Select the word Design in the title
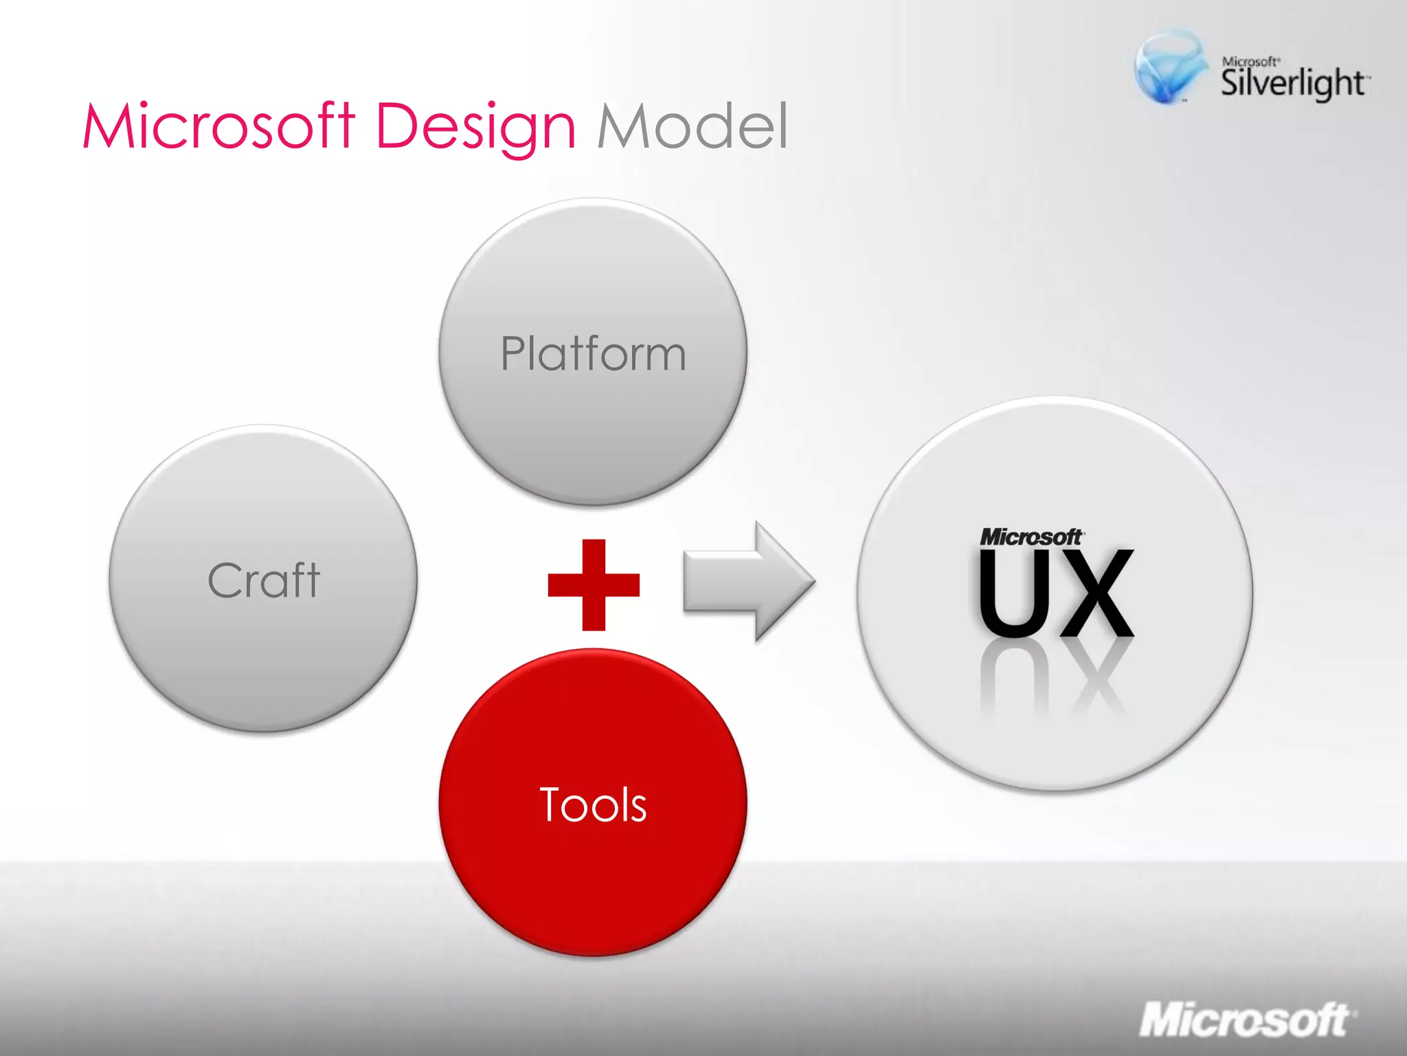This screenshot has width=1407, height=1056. (x=475, y=127)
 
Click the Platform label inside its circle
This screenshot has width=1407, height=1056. (x=593, y=354)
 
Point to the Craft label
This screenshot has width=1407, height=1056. (x=264, y=580)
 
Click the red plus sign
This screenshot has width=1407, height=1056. (x=594, y=585)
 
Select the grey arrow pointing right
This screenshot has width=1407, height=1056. (x=749, y=582)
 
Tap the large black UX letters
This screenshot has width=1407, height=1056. (x=1055, y=593)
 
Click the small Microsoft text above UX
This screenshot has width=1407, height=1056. (x=1031, y=537)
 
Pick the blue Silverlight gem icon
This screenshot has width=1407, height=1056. (x=1169, y=67)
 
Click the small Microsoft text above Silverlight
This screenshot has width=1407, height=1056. (x=1250, y=62)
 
